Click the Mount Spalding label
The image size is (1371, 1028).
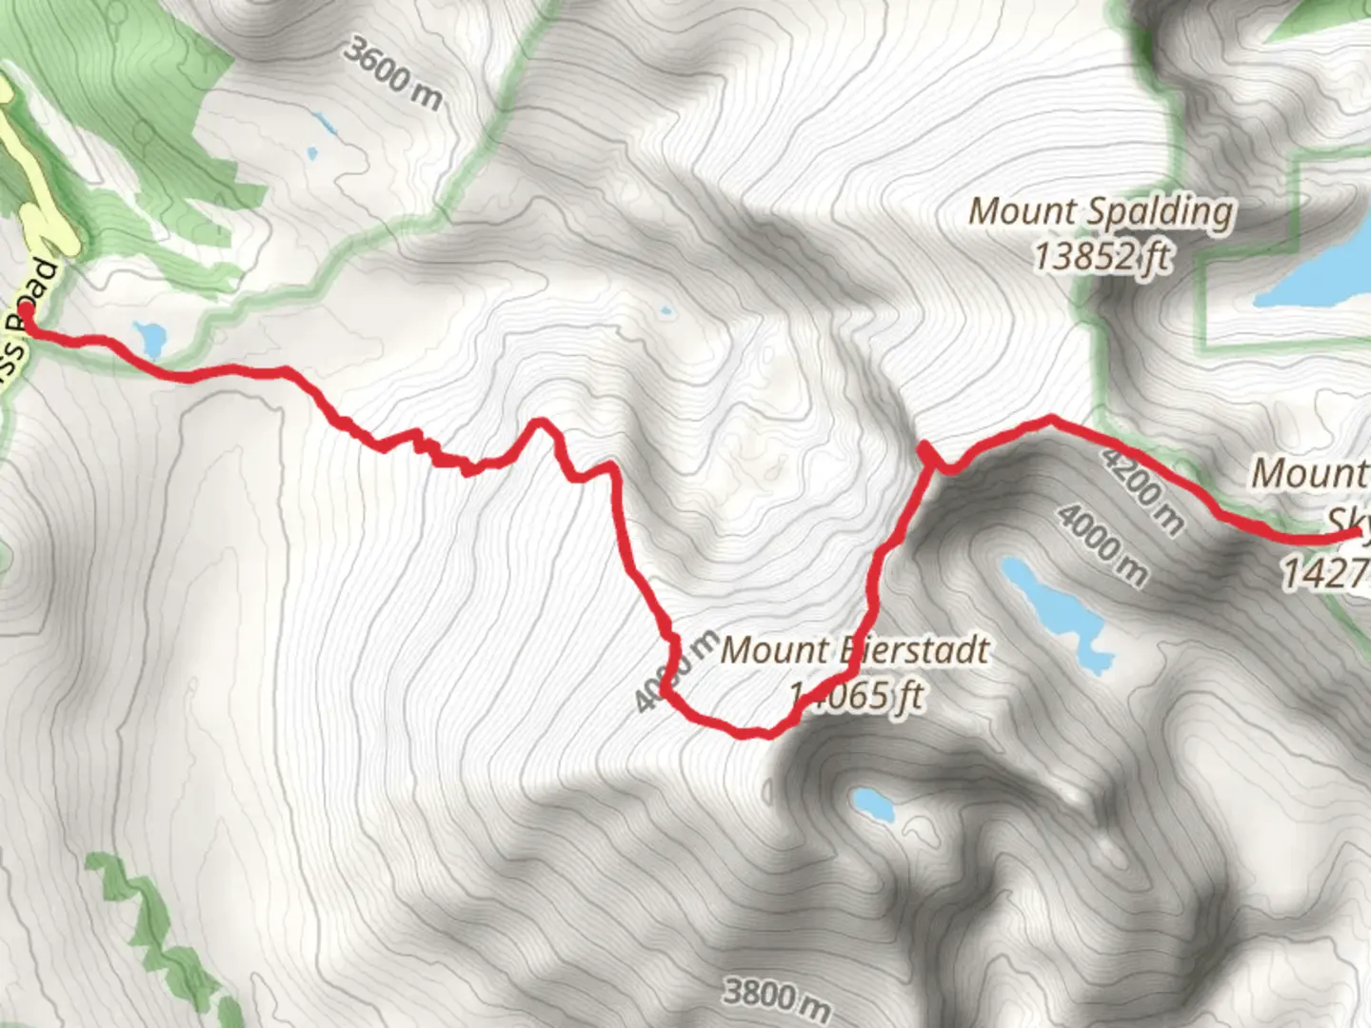point(1101,211)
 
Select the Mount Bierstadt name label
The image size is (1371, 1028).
point(854,651)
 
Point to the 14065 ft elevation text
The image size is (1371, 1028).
point(857,696)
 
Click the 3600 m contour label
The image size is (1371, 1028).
point(393,73)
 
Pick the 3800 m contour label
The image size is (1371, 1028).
point(776,995)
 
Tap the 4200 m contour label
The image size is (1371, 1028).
point(1142,489)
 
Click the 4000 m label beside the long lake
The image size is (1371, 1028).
point(1103,544)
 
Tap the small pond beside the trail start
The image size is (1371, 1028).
point(150,335)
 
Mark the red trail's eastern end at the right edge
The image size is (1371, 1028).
point(1358,536)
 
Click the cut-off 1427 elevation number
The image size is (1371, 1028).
point(1324,573)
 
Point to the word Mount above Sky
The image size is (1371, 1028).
point(1308,473)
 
